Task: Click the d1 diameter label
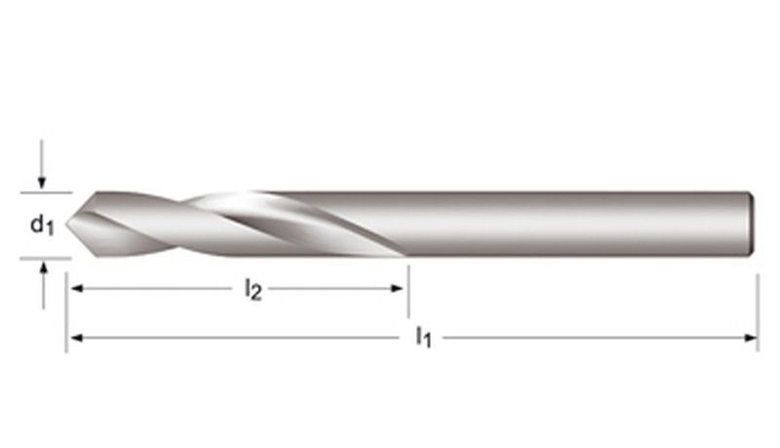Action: pyautogui.click(x=40, y=225)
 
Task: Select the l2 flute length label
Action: pyautogui.click(x=253, y=290)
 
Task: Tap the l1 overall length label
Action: pyautogui.click(x=424, y=338)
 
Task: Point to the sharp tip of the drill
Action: pyautogui.click(x=67, y=224)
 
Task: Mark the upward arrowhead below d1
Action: pyautogui.click(x=42, y=266)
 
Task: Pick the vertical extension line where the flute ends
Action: pyautogui.click(x=408, y=283)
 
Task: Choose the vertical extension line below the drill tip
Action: pyautogui.click(x=66, y=312)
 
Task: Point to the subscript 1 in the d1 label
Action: pyautogui.click(x=49, y=230)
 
